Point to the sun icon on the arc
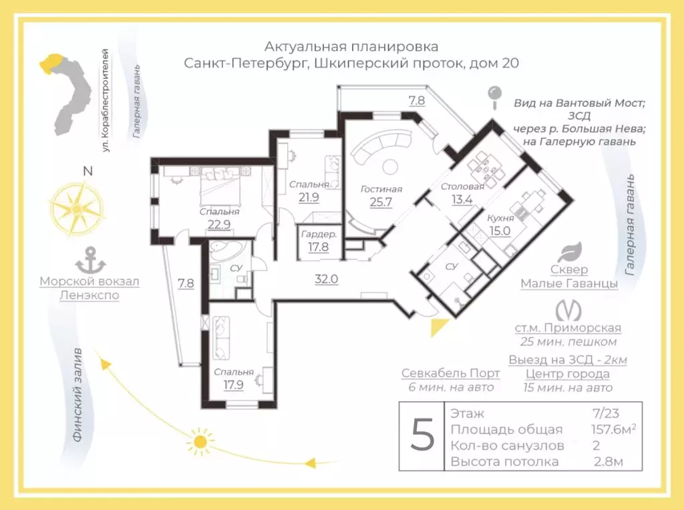[200, 442]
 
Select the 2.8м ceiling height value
[609, 462]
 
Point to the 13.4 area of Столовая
[463, 200]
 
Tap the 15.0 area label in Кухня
[500, 231]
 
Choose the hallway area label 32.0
[327, 279]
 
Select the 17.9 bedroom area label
[234, 385]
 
